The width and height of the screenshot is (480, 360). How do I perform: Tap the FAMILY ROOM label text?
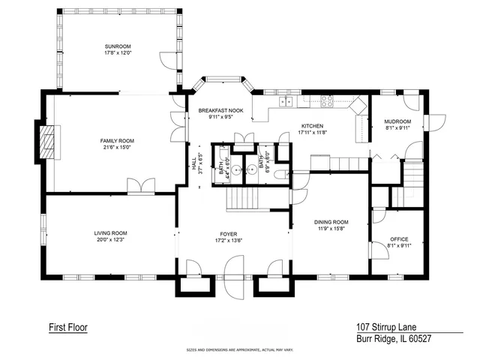click(117, 141)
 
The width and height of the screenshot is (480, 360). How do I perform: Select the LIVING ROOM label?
click(110, 233)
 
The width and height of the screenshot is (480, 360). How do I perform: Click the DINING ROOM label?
click(331, 222)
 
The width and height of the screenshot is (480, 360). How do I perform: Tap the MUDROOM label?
click(397, 121)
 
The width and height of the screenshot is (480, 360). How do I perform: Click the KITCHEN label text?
click(312, 126)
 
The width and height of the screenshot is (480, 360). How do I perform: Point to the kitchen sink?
click(286, 102)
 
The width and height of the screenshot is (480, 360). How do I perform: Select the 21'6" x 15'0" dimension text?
click(117, 148)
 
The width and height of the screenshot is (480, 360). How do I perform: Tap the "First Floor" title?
click(68, 327)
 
